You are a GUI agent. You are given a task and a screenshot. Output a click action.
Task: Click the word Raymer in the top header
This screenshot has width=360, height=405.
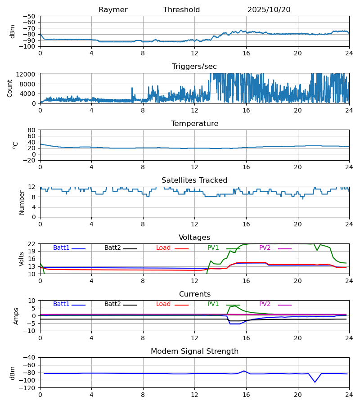[113, 10]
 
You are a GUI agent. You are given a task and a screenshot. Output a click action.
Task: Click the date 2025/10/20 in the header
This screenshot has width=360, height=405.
[269, 10]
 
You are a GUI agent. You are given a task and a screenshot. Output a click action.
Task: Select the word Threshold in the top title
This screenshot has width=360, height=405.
[181, 10]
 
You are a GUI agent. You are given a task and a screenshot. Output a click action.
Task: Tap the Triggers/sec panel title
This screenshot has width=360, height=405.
[194, 67]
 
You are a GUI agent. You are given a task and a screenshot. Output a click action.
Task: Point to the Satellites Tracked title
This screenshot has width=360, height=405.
[194, 180]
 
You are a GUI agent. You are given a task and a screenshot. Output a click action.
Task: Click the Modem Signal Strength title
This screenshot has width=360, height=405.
[194, 351]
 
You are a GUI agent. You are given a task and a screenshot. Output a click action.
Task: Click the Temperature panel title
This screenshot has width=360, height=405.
[194, 124]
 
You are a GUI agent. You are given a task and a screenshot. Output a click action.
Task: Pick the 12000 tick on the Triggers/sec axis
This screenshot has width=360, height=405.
[28, 74]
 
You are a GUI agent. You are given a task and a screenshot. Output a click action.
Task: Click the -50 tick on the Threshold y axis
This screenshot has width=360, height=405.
[31, 16]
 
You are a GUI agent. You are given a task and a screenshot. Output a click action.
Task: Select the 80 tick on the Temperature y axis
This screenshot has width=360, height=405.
[32, 130]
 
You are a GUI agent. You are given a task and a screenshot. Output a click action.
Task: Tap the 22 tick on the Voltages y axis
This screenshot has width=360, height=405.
[32, 244]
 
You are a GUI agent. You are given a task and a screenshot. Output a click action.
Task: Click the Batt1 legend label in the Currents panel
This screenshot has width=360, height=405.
[61, 304]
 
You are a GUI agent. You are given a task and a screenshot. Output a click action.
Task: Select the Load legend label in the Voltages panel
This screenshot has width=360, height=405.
[163, 248]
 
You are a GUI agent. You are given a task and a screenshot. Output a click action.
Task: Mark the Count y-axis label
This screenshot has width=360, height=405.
[10, 88]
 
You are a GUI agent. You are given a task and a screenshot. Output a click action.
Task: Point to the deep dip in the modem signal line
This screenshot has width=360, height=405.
[315, 382]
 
